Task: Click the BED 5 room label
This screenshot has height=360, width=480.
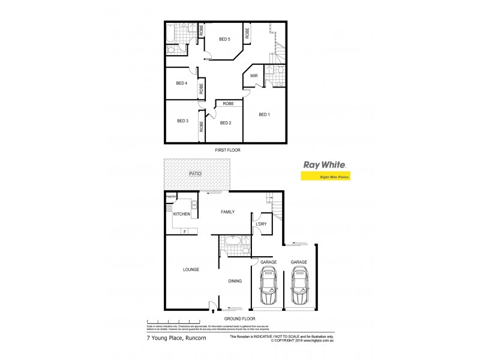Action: click(x=224, y=40)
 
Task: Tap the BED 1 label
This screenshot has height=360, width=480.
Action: click(x=265, y=114)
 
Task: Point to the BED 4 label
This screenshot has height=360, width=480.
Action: click(x=182, y=83)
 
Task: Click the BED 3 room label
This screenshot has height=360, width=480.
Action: click(x=182, y=121)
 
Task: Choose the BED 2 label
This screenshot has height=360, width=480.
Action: click(x=226, y=123)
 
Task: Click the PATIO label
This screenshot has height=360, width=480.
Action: click(x=195, y=173)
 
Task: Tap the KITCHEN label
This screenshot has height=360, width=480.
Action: click(x=182, y=214)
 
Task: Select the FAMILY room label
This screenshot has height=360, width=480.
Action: click(x=227, y=212)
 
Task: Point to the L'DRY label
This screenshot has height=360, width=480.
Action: click(x=261, y=224)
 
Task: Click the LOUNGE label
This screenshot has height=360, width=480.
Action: click(x=191, y=269)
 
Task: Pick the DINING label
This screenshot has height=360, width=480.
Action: click(x=235, y=280)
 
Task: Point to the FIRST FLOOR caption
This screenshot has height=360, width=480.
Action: click(x=227, y=150)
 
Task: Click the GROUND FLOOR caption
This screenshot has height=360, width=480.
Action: click(x=239, y=319)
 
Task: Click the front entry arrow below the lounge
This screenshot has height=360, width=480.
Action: click(x=214, y=311)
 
